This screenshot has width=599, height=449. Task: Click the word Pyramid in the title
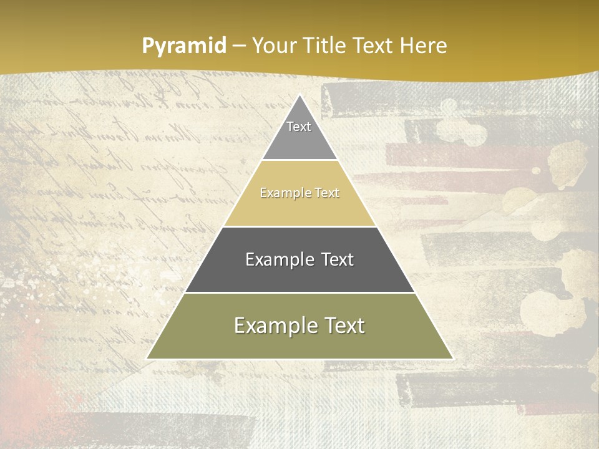coord(184,46)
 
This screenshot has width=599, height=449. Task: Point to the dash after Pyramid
coord(239,46)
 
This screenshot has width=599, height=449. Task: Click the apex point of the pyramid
coord(300,95)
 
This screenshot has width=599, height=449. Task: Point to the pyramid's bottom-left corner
coord(147,358)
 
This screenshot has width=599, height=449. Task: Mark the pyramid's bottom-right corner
coord(452,358)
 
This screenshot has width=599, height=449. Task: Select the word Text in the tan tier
coord(327,193)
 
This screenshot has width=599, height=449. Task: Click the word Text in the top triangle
coord(299,127)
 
